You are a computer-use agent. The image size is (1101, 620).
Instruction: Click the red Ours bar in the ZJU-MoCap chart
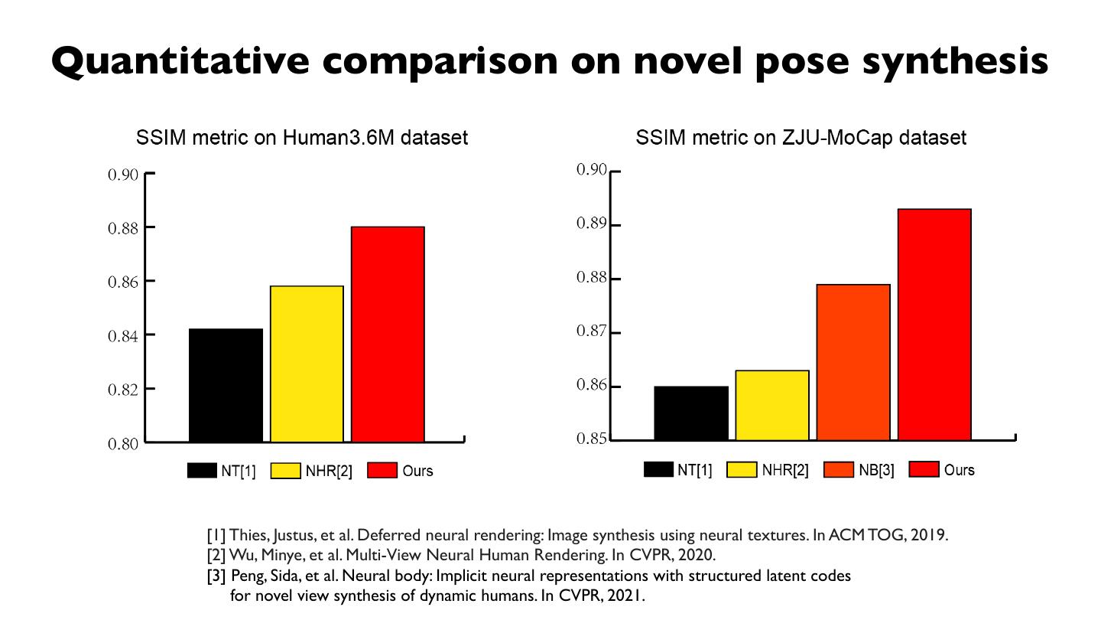coord(934,325)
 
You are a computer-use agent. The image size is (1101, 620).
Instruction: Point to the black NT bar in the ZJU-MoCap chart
coord(691,413)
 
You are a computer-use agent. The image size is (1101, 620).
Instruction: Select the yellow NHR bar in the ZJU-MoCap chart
coord(772,405)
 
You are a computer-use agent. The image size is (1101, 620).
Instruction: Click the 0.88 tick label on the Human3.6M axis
coord(123,228)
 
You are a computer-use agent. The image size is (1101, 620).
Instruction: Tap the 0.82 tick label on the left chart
coord(123,390)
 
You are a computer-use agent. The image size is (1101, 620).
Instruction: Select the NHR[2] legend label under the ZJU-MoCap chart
coord(785,470)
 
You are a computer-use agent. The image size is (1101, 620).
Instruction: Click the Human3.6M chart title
coord(302,138)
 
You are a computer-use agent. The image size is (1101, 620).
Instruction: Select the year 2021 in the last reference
coord(625,596)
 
